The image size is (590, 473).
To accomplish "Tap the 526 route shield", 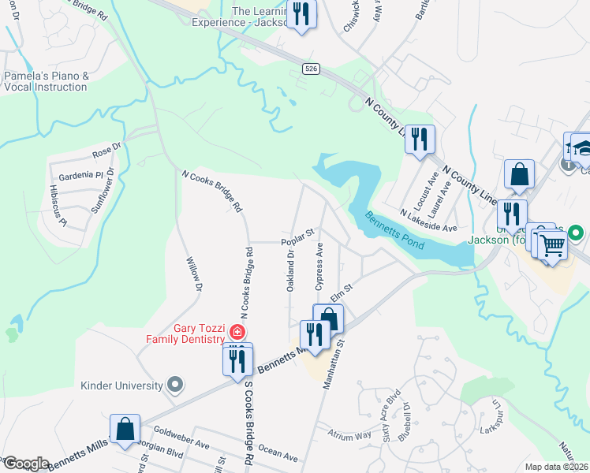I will tap(311, 70).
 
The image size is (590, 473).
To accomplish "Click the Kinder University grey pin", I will tap(176, 385).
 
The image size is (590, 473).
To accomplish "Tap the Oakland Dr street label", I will tap(290, 270).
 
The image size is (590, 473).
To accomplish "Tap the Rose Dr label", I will tap(106, 147).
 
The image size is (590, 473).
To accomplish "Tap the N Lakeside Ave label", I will tap(428, 220).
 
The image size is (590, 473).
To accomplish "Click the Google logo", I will tap(26, 464).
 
